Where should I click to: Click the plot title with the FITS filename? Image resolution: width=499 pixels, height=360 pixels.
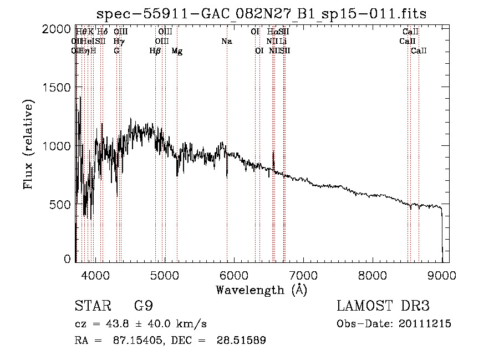262,13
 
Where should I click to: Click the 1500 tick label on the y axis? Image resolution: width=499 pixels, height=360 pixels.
57,87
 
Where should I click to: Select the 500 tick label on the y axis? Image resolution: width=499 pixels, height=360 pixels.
61,204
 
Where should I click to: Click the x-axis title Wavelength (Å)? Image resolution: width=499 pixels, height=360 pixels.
261,289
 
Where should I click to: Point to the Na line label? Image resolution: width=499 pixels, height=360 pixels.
226,41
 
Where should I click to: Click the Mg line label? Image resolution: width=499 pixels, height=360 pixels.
177,51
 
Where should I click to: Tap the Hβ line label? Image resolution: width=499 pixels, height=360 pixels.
155,51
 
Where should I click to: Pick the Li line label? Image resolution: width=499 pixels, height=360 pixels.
283,41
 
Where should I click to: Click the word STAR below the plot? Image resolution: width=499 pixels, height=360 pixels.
91,307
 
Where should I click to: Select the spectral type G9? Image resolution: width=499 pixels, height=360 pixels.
142,307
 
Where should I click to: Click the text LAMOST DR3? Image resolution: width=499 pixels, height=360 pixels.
383,307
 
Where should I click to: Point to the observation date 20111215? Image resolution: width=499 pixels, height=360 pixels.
424,324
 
